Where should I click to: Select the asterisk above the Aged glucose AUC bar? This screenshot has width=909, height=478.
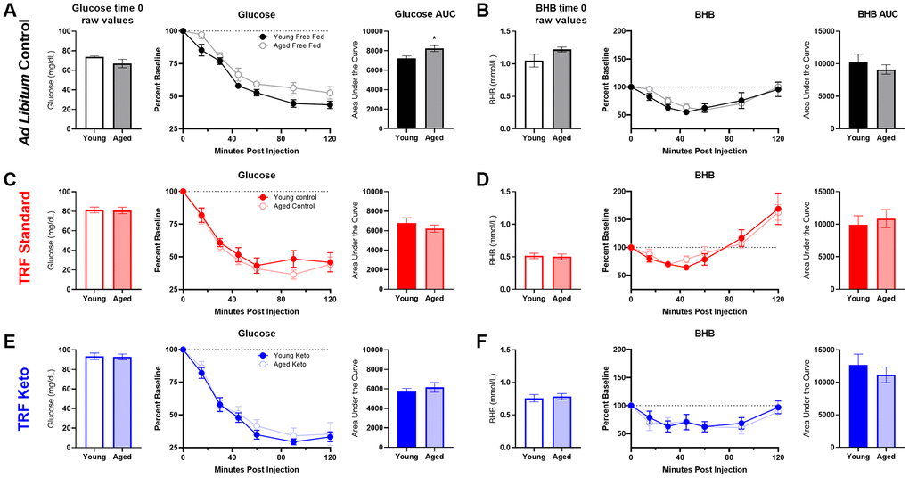(433, 38)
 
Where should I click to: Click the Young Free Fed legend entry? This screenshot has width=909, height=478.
(290, 38)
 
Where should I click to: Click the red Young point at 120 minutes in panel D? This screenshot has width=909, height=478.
(778, 210)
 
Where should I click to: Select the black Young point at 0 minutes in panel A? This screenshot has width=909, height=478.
(183, 31)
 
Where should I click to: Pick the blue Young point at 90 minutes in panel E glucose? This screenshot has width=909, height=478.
(293, 441)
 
